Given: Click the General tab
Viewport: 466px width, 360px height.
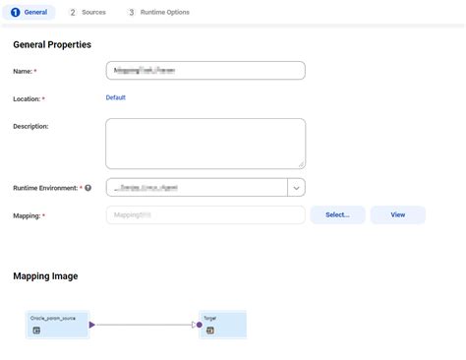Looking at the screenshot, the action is (x=29, y=13).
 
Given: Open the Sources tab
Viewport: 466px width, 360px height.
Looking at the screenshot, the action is (x=93, y=13).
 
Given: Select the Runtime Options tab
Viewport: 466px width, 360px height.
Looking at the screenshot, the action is (x=164, y=13).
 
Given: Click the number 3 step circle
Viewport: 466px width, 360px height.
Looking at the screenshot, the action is (x=132, y=13).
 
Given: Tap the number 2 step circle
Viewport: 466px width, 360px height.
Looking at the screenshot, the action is (x=73, y=13).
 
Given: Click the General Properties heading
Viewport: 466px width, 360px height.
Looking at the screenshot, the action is (x=52, y=44).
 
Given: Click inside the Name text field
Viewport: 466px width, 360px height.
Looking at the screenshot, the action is (x=205, y=71).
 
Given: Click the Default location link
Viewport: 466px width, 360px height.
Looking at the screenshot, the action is (x=116, y=97).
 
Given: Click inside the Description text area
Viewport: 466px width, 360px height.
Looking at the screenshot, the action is (x=205, y=144).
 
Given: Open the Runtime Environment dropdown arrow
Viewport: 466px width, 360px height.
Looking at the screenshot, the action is (x=296, y=187).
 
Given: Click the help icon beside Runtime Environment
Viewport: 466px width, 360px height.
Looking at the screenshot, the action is (x=88, y=188).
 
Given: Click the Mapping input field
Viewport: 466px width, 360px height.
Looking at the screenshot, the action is (x=205, y=214).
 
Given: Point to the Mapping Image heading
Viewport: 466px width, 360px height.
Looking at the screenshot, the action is (x=45, y=276).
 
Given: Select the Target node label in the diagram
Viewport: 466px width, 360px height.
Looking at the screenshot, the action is (x=210, y=319).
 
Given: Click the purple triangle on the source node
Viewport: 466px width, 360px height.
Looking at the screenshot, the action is (x=92, y=324).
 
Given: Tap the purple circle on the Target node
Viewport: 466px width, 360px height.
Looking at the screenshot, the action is (x=199, y=324).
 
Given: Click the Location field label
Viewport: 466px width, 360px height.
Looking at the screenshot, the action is (x=27, y=99).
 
